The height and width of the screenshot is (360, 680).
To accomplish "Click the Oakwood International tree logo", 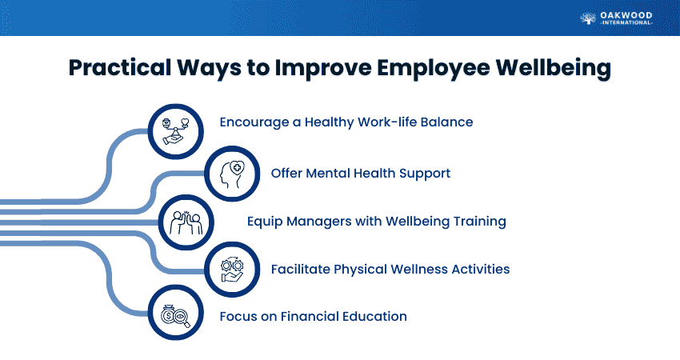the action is [x=588, y=18].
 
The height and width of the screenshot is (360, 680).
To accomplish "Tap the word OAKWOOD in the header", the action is [x=626, y=15].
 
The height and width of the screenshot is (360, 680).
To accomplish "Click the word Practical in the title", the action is [x=120, y=68].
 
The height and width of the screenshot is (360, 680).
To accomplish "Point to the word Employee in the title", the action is [x=434, y=69].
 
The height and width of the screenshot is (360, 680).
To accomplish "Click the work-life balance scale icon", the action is [x=176, y=131].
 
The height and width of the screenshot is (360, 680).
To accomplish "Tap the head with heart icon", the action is [x=232, y=174].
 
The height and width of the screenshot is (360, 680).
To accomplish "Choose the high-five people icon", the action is [x=186, y=222].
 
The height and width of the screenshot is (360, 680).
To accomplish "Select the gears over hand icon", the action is [x=232, y=270].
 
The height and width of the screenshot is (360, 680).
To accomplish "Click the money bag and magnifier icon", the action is [x=176, y=316].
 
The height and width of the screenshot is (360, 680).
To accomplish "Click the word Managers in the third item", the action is [x=318, y=222].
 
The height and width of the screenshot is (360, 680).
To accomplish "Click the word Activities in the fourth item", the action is [x=481, y=269].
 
